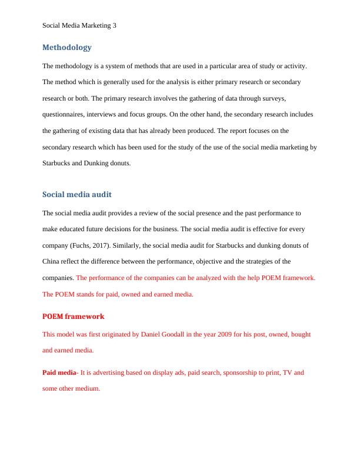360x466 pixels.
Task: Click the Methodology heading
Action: [x=67, y=47]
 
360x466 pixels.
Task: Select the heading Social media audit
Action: [x=77, y=195]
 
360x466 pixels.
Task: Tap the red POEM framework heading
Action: [x=73, y=316]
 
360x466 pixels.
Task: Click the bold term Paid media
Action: [x=59, y=372]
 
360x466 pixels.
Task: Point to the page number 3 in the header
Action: [x=114, y=25]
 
